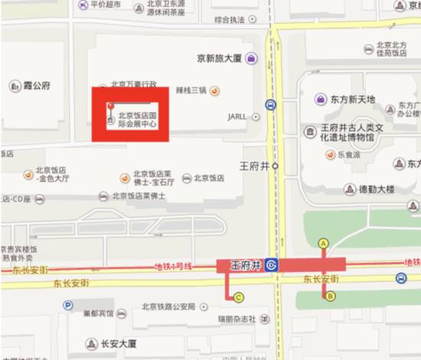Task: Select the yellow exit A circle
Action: point(323,243)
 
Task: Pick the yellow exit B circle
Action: point(331,296)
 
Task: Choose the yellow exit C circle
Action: point(239,297)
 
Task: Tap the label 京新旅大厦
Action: point(220,58)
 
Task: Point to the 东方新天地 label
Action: point(353,100)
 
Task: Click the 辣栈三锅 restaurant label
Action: point(191,90)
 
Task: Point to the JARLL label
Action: point(237,116)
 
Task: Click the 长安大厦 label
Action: point(120,343)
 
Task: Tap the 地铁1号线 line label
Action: point(172,266)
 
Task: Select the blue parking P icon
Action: point(68,305)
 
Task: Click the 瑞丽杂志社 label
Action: point(237,319)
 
